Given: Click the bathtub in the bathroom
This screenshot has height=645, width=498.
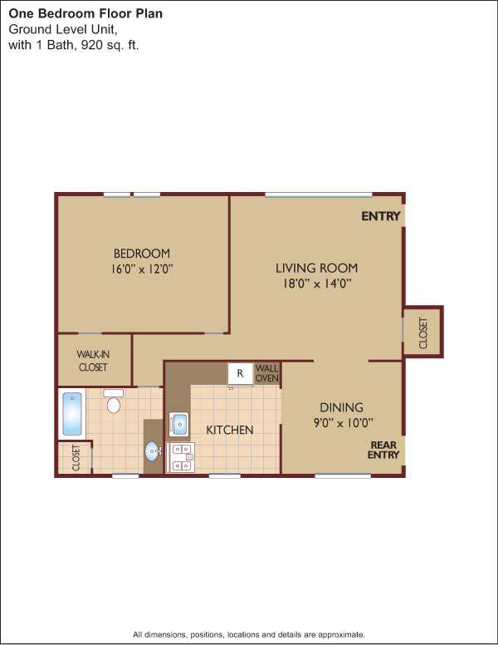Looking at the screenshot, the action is coord(72,414).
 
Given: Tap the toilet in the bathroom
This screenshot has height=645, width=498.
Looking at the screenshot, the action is coord(114,401).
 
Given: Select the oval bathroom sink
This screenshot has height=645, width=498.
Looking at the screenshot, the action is coord(153,451).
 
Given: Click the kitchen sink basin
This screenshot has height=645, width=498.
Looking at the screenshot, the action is coord(179,425).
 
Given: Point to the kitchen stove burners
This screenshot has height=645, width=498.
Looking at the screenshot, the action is coord(181,457).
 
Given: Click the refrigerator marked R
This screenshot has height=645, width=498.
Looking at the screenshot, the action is coord(241,374).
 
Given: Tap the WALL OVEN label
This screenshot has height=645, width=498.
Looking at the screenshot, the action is coord(267,372).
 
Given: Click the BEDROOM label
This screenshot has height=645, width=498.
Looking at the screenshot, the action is coord(142,253).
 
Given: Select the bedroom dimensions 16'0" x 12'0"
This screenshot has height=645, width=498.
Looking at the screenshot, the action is coord(142,269).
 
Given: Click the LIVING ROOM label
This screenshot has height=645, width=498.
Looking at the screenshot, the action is coord(316,268).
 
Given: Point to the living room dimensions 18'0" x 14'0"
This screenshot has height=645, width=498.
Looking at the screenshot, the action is coord(317,283).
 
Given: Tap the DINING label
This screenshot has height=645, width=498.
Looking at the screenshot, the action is coord(341,407).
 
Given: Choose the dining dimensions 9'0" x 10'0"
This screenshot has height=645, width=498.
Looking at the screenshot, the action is coord(343,422).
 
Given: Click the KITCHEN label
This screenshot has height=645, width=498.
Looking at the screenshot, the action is coord(229,430).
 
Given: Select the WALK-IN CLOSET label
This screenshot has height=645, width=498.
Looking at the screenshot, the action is coord(93,361).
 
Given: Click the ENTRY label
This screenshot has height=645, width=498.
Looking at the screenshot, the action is coord(380,216).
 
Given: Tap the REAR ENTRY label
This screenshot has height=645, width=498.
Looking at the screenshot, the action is coord(383,450).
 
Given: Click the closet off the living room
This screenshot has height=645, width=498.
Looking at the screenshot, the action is coord(422,332).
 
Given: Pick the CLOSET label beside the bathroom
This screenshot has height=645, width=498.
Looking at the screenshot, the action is coord(76,457).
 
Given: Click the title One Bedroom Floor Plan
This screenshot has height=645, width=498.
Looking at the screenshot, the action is coord(85,13).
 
